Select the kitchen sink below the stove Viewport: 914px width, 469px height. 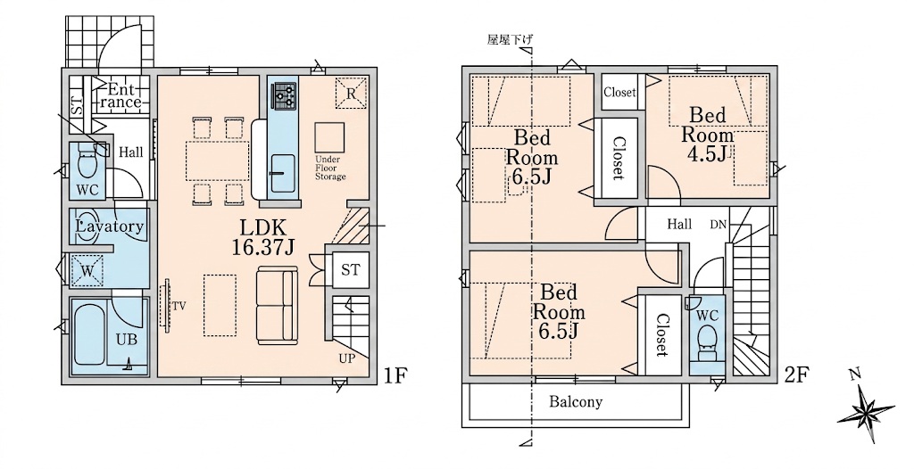pyautogui.click(x=283, y=174)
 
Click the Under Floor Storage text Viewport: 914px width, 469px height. pyautogui.click(x=330, y=168)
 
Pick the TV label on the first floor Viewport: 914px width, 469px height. pyautogui.click(x=179, y=306)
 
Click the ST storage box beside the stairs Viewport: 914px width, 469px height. pyautogui.click(x=350, y=270)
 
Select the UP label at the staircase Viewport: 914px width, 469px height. pyautogui.click(x=347, y=359)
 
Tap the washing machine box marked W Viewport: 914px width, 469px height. pyautogui.click(x=87, y=270)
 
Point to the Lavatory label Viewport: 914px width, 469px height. pyautogui.click(x=110, y=226)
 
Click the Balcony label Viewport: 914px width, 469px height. pyautogui.click(x=576, y=402)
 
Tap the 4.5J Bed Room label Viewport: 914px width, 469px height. pyautogui.click(x=707, y=136)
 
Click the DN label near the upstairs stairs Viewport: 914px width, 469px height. pyautogui.click(x=719, y=225)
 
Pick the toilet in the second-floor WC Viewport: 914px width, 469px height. pyautogui.click(x=708, y=341)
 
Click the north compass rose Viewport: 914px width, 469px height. pyautogui.click(x=867, y=409)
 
